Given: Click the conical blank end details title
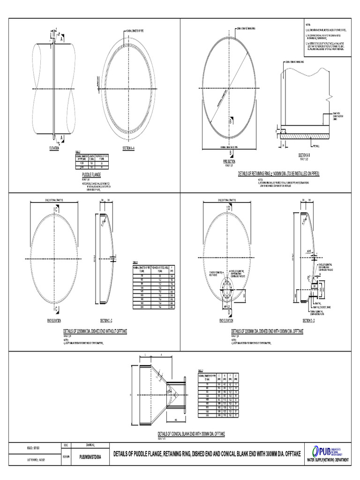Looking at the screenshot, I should click(x=193, y=435).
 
